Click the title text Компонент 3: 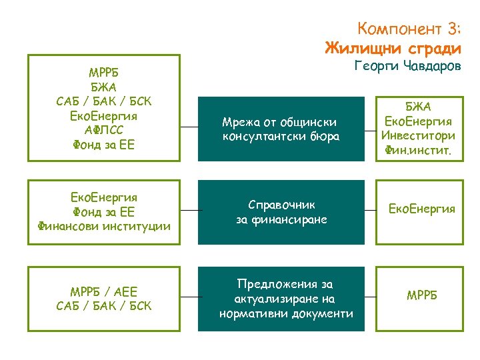tap(409, 29)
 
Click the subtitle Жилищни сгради tap(393, 48)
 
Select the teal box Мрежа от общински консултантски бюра tap(281, 129)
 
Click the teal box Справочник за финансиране tap(281, 211)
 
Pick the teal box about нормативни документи tap(281, 299)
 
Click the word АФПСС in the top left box tap(103, 129)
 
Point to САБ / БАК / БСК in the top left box tap(103, 101)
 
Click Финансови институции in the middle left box tap(103, 225)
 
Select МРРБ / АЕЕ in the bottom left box tap(103, 292)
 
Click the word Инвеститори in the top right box tap(419, 136)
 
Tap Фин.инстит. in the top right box tap(419, 151)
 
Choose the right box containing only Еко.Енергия tap(422, 209)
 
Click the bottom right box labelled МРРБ tap(422, 295)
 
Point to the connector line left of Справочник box tap(189, 211)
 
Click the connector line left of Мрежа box tap(189, 129)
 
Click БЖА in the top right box tap(419, 107)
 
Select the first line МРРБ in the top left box tap(103, 72)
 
